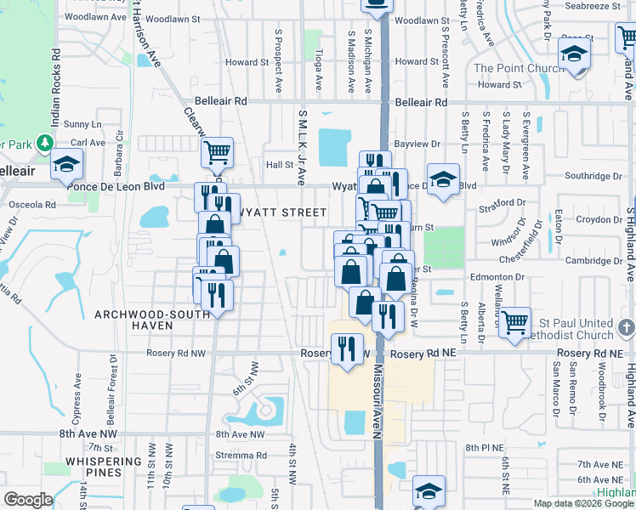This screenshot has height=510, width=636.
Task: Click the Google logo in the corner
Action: point(28,500)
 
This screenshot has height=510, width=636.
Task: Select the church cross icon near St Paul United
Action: point(627,327)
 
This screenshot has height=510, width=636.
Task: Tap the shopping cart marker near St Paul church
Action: point(514,323)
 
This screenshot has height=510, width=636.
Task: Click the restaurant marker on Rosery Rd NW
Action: point(346,348)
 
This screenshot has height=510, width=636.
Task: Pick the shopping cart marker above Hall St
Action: point(218,153)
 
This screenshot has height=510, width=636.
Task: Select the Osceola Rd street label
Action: point(31,205)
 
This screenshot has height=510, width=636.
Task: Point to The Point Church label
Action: point(514,68)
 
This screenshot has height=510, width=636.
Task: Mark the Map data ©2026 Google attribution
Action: point(583,503)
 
